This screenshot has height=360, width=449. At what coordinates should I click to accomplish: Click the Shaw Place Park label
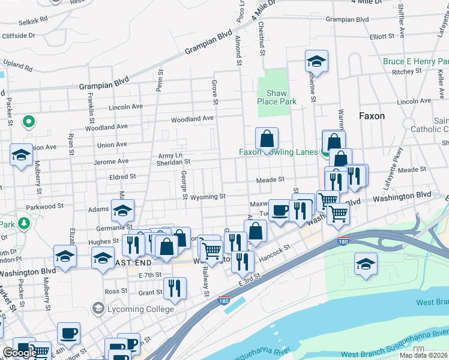point(277,97)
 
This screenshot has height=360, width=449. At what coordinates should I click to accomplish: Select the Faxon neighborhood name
point(372,116)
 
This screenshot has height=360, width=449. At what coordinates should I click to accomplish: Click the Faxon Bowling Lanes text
point(279,152)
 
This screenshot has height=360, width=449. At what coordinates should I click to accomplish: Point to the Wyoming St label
point(204,196)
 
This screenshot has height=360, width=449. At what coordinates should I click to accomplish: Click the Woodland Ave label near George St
point(192,119)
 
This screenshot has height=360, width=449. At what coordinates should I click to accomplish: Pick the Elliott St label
point(382,36)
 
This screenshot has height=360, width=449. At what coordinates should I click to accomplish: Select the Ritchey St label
point(408,72)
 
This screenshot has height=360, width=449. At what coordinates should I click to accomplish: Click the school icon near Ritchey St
point(316,62)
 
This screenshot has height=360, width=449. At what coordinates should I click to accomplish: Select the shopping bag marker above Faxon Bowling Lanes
point(266,139)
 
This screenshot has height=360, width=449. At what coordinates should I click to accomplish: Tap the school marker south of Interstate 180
point(366,265)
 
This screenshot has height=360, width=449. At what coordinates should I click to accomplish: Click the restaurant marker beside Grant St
point(175,288)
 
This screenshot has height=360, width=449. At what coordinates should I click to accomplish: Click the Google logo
point(19,353)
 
